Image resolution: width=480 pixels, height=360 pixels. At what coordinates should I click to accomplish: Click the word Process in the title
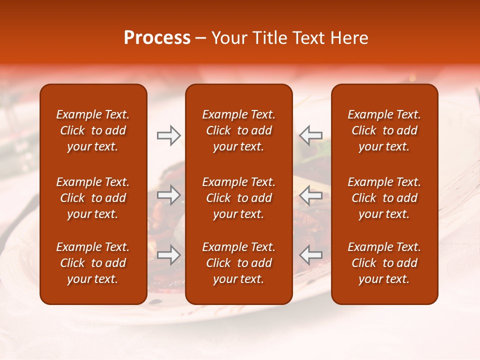coord(157,38)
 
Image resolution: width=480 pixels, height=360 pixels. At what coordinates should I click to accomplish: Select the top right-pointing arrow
coord(169,135)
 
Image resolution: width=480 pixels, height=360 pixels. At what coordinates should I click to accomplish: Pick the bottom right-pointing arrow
coord(169,254)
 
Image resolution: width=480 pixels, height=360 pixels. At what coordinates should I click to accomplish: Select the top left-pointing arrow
coord(310,135)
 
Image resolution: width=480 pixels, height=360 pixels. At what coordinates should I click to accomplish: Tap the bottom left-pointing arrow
coord(310,254)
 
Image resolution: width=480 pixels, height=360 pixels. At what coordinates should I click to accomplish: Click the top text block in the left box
coord(93,130)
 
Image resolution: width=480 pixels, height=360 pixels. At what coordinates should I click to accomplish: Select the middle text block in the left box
coord(93,198)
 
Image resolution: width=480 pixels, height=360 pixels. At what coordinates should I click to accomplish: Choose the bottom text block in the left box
coord(93,263)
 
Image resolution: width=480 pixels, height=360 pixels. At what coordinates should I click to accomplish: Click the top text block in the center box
coord(238,130)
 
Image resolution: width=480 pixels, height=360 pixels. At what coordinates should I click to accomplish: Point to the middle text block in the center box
coord(238,198)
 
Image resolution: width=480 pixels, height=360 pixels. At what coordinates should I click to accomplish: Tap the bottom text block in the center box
coord(238,263)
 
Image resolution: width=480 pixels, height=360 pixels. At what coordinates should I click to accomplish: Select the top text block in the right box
coord(384,130)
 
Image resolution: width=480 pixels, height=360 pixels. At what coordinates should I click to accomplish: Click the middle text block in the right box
coord(384,198)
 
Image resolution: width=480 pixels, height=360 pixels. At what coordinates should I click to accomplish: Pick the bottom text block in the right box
coord(384,263)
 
